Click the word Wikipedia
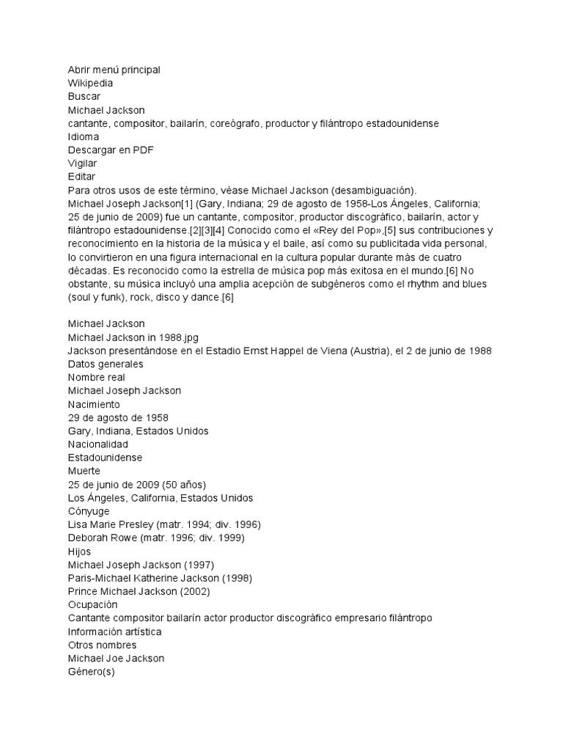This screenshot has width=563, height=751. [90, 83]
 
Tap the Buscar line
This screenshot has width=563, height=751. [84, 96]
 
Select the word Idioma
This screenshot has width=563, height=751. [83, 136]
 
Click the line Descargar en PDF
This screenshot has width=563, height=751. [111, 150]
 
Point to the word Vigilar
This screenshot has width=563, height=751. [82, 163]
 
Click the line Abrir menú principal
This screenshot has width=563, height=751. [114, 70]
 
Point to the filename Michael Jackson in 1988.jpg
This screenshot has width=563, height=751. [133, 337]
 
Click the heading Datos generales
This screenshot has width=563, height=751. [106, 364]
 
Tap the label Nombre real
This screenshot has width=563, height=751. [96, 377]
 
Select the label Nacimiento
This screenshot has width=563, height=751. [93, 403]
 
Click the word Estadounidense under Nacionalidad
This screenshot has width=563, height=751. [105, 457]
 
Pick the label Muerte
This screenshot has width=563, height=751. [84, 470]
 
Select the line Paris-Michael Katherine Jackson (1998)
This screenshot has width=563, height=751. [160, 578]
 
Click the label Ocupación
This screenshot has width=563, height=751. [92, 604]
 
